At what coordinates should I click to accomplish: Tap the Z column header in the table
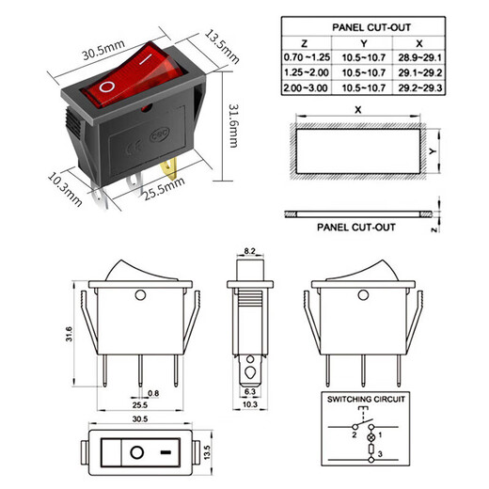(x=303, y=44)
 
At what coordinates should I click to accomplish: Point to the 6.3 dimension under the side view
(x=250, y=391)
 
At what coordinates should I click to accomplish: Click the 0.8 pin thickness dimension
(x=153, y=392)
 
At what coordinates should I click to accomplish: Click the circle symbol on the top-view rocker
(x=137, y=452)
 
